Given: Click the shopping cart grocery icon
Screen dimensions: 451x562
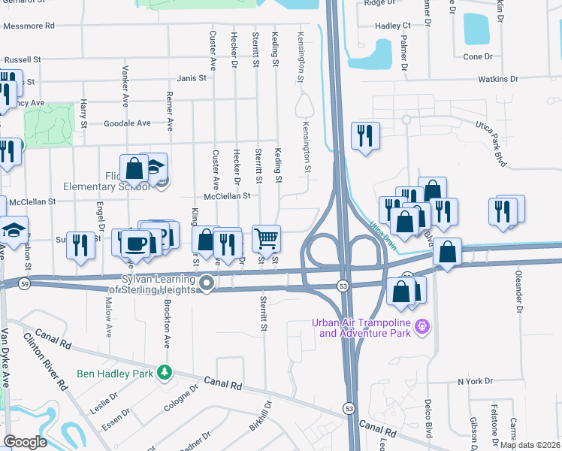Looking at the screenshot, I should (x=267, y=239).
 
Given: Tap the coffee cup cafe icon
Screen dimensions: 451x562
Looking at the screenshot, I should (x=135, y=244).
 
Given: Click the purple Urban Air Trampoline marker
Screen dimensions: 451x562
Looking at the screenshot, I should (x=423, y=325).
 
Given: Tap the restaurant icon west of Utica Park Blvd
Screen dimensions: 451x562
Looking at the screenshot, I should (x=365, y=136).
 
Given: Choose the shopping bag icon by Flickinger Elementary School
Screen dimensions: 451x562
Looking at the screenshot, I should (x=134, y=169).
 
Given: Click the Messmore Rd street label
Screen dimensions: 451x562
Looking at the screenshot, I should (x=29, y=26).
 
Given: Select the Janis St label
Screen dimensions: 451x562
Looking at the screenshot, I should (x=192, y=78).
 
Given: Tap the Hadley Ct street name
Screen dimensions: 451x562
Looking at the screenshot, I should (x=393, y=26).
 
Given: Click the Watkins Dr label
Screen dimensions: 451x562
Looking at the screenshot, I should (x=499, y=78).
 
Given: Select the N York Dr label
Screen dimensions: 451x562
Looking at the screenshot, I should (x=475, y=382).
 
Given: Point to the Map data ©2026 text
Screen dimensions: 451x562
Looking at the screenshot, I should (x=530, y=445).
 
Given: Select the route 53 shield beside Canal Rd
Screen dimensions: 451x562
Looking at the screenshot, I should (x=348, y=407).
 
